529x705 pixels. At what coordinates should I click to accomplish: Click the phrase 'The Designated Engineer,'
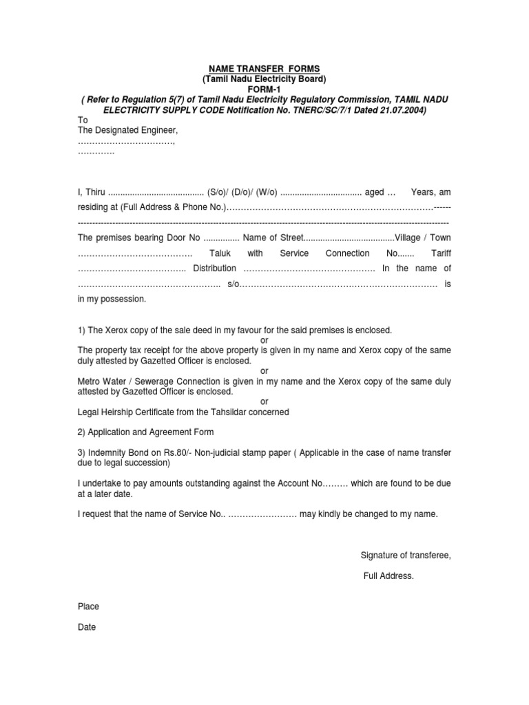pos(128,130)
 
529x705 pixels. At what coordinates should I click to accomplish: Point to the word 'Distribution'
pos(214,269)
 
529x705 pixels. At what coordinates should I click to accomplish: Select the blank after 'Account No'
pos(335,484)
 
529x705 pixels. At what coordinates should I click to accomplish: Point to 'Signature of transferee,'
pos(406,556)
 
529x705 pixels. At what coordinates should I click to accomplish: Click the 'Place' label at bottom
pos(88,607)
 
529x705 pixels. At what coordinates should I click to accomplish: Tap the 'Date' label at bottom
pos(87,627)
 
